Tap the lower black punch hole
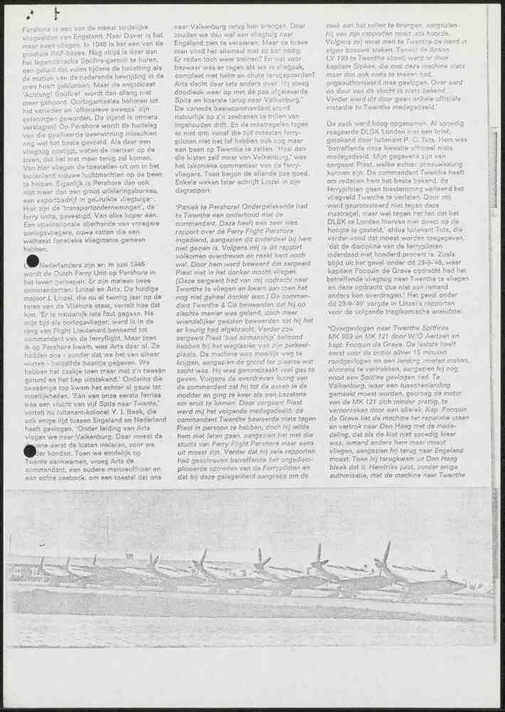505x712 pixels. pyautogui.click(x=30, y=450)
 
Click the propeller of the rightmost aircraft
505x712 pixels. pyautogui.click(x=385, y=553)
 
